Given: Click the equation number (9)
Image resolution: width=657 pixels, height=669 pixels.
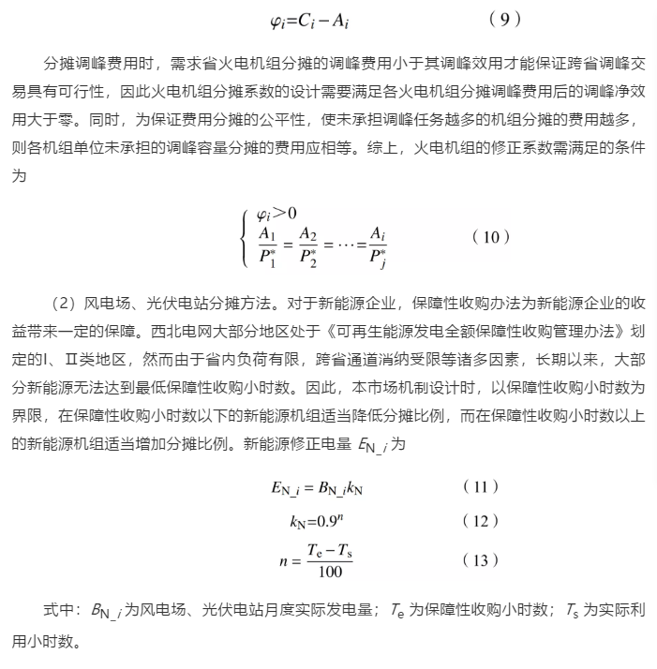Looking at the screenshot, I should click(506, 19).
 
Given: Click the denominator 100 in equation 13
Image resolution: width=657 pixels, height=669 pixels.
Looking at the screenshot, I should click(329, 572).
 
